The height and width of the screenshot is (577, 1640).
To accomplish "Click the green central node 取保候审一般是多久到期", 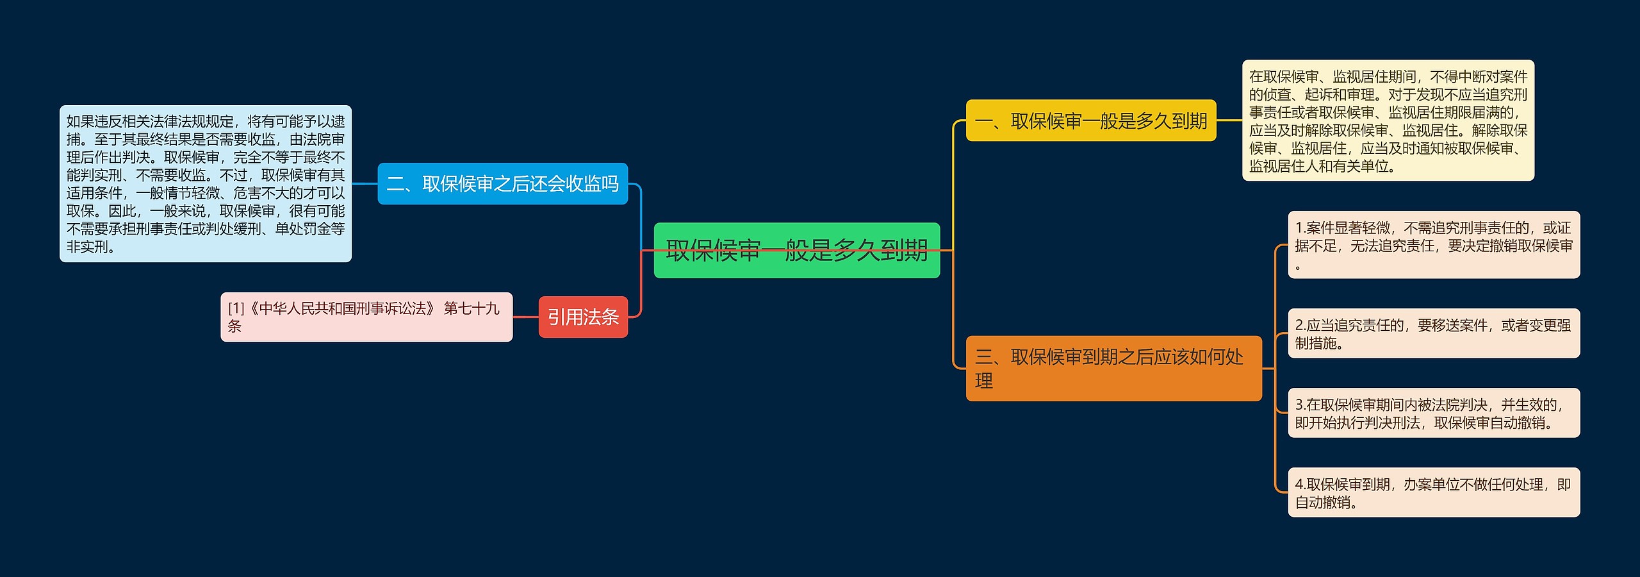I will (x=796, y=250).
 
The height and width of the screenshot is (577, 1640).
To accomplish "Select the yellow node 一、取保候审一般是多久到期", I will (x=1090, y=121).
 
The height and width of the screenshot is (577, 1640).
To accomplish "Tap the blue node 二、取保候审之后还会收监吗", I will (x=502, y=184).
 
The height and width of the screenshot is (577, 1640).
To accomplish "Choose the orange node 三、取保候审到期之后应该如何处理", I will (x=1113, y=369).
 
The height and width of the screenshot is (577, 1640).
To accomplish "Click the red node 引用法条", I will (x=583, y=317).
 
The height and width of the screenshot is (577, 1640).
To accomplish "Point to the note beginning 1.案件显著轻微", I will (x=1434, y=245).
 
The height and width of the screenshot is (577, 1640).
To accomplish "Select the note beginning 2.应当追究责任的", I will (x=1434, y=333).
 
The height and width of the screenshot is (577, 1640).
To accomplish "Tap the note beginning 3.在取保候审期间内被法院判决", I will (x=1434, y=413).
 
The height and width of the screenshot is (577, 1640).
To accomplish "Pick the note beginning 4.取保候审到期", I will (x=1434, y=492).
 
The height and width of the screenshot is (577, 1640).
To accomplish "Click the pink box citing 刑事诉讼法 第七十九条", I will (x=366, y=317).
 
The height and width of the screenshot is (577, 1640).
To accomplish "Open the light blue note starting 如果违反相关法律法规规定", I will (x=206, y=184).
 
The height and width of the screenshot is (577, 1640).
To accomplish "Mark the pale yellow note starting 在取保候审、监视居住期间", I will (x=1388, y=121).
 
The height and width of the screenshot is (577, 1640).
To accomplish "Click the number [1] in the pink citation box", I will (x=236, y=309).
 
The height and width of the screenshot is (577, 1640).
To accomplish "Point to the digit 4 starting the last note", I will (x=1300, y=485).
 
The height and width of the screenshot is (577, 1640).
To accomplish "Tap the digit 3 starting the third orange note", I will (x=1300, y=405).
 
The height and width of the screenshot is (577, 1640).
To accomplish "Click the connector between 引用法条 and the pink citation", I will (x=525, y=317).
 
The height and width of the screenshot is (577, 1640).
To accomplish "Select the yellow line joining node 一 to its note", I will (x=1229, y=121).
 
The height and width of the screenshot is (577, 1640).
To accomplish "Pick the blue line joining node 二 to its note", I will (x=365, y=184).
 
